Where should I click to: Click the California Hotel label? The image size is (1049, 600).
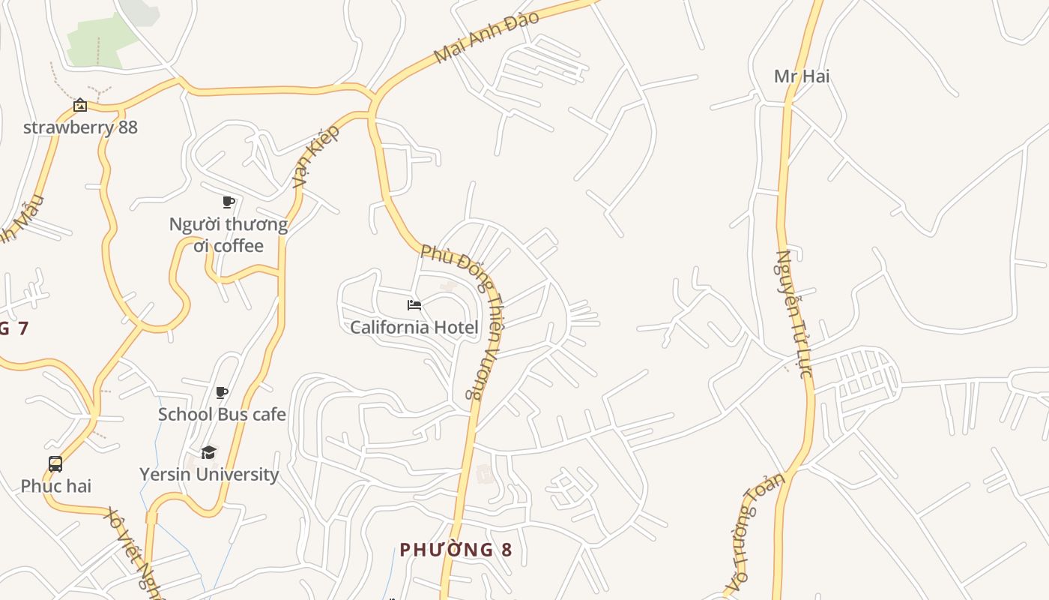[x=414, y=327]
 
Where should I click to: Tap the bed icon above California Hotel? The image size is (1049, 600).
[x=414, y=304]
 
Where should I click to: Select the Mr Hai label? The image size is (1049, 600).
[x=801, y=76]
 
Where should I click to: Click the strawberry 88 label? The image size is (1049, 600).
[x=80, y=127]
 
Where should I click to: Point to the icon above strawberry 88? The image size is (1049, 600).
[x=80, y=105]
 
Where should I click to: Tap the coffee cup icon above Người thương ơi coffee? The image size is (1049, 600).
[x=229, y=202]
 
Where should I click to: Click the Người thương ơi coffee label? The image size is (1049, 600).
[x=228, y=235]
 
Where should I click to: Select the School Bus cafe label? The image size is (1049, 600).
[x=222, y=414]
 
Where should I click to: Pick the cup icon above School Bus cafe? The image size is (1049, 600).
[x=222, y=392]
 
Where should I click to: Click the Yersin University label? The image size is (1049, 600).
[x=209, y=474]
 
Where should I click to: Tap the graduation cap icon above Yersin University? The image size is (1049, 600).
[x=209, y=452]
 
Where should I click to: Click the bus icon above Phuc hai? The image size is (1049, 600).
[x=55, y=464]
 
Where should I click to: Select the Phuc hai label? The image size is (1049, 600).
[x=55, y=486]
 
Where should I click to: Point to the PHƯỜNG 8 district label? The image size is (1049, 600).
[x=456, y=550]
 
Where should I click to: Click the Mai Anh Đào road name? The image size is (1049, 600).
[x=486, y=37]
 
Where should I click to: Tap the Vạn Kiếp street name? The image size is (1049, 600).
[x=315, y=156]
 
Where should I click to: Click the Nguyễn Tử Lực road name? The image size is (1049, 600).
[x=793, y=313]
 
